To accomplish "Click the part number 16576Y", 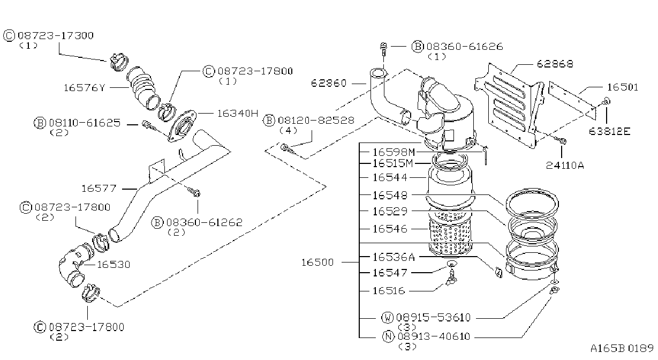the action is coord(84,87).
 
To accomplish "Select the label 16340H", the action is coord(238,113).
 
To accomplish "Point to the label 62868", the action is coord(555,64).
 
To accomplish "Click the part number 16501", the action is coord(623,87).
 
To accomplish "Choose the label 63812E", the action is coord(609,131).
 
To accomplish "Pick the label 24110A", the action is coord(565,166).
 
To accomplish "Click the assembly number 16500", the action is coord(317,262).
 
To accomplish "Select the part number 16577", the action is coord(99,189).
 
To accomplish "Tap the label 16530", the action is coord(114,265).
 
